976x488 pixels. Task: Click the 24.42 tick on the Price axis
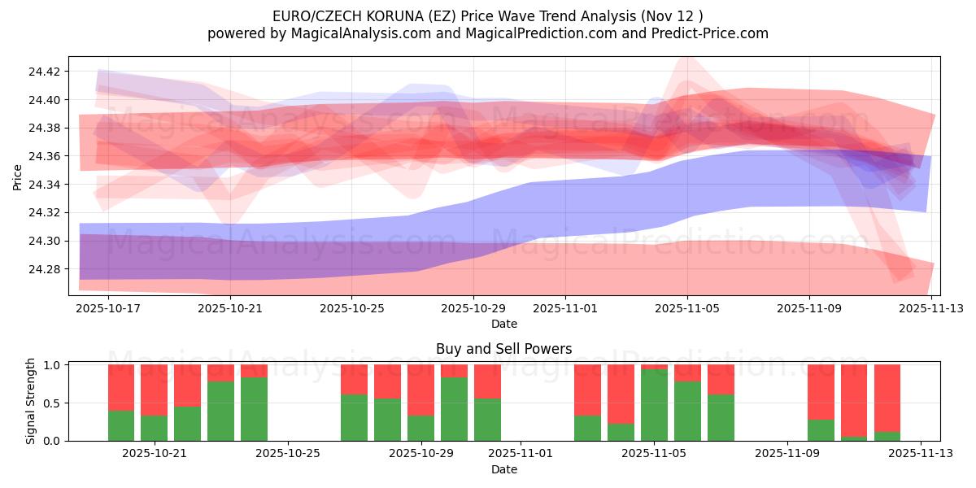click(x=45, y=72)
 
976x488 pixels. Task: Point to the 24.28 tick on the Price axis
click(x=45, y=269)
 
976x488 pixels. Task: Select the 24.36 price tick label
click(x=45, y=156)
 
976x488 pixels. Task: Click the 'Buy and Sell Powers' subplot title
click(x=503, y=349)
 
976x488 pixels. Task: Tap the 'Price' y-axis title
click(x=18, y=176)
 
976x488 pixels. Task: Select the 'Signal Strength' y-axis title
click(x=31, y=401)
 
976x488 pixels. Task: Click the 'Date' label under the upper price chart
click(x=503, y=324)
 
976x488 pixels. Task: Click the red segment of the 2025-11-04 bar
click(x=621, y=394)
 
